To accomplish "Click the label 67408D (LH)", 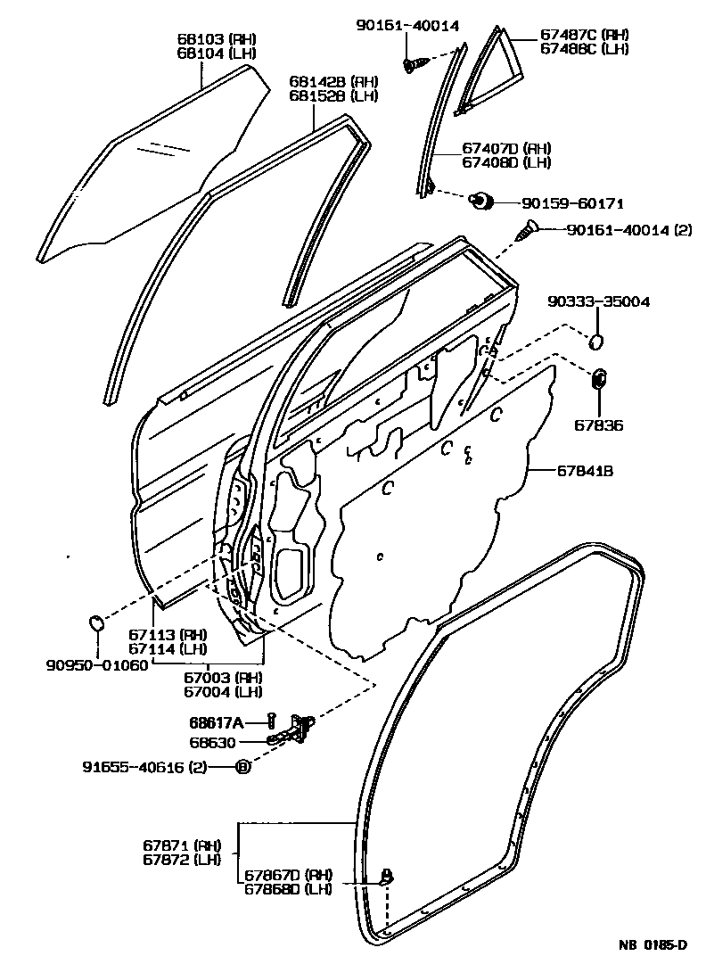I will coord(505,161).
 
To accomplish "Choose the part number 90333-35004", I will coord(598,302).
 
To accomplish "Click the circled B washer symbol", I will coord(242,767).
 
